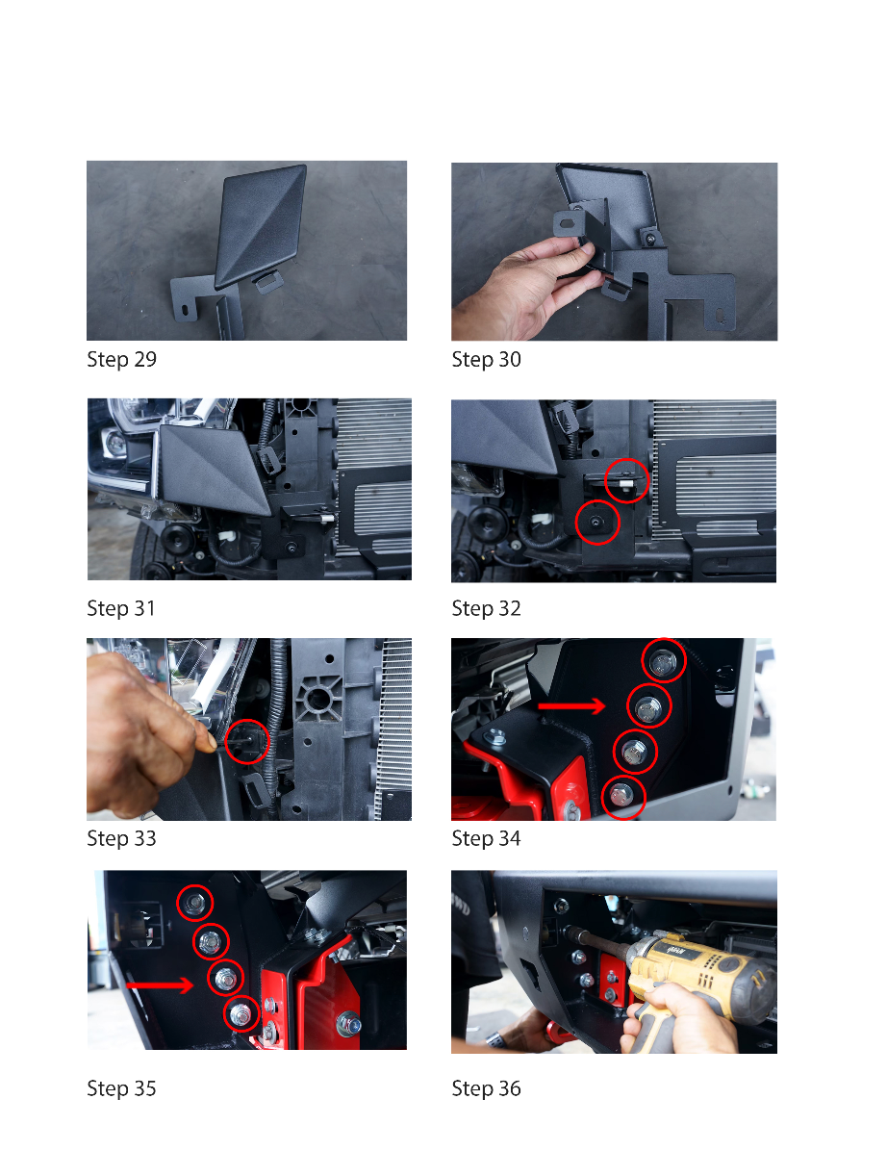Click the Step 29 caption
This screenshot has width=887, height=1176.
(x=121, y=359)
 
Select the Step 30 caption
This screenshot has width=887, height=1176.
(x=487, y=359)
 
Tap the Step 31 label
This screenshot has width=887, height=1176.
(x=121, y=608)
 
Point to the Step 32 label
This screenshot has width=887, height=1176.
(x=487, y=608)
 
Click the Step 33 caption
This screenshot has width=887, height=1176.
(x=121, y=838)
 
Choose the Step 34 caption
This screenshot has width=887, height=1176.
(x=487, y=838)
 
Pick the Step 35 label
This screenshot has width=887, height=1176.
(x=121, y=1088)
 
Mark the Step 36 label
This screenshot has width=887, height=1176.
(x=487, y=1088)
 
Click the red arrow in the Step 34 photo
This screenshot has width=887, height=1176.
(x=571, y=706)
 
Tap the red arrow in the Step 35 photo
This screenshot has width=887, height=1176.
(x=160, y=984)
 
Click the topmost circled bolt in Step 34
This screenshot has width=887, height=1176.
(x=663, y=660)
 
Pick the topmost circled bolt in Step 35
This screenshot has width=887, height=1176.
(x=194, y=903)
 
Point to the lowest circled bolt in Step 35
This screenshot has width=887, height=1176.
(x=241, y=1013)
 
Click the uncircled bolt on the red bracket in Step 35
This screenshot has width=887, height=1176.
(x=348, y=1024)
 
